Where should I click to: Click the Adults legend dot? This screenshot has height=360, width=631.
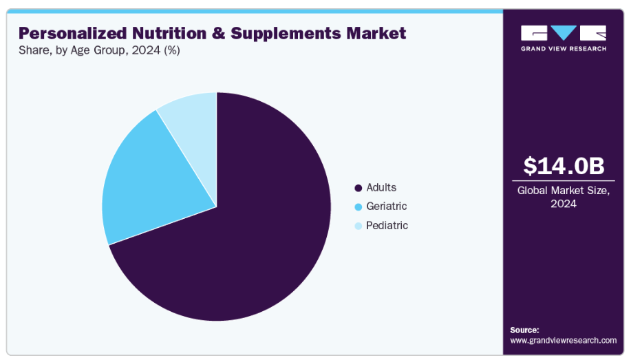(358, 188)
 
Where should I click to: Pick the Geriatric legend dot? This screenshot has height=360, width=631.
(358, 207)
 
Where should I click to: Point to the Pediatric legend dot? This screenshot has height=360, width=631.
(358, 226)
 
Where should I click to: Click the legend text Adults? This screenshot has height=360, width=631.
(381, 187)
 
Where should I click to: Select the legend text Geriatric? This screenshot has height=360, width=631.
(387, 206)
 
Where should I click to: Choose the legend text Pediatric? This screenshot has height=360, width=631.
(387, 225)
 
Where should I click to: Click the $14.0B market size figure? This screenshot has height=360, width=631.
(564, 166)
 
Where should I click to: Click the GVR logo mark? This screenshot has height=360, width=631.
(564, 32)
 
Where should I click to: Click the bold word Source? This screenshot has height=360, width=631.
(524, 330)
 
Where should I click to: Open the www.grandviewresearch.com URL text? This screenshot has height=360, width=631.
(563, 340)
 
